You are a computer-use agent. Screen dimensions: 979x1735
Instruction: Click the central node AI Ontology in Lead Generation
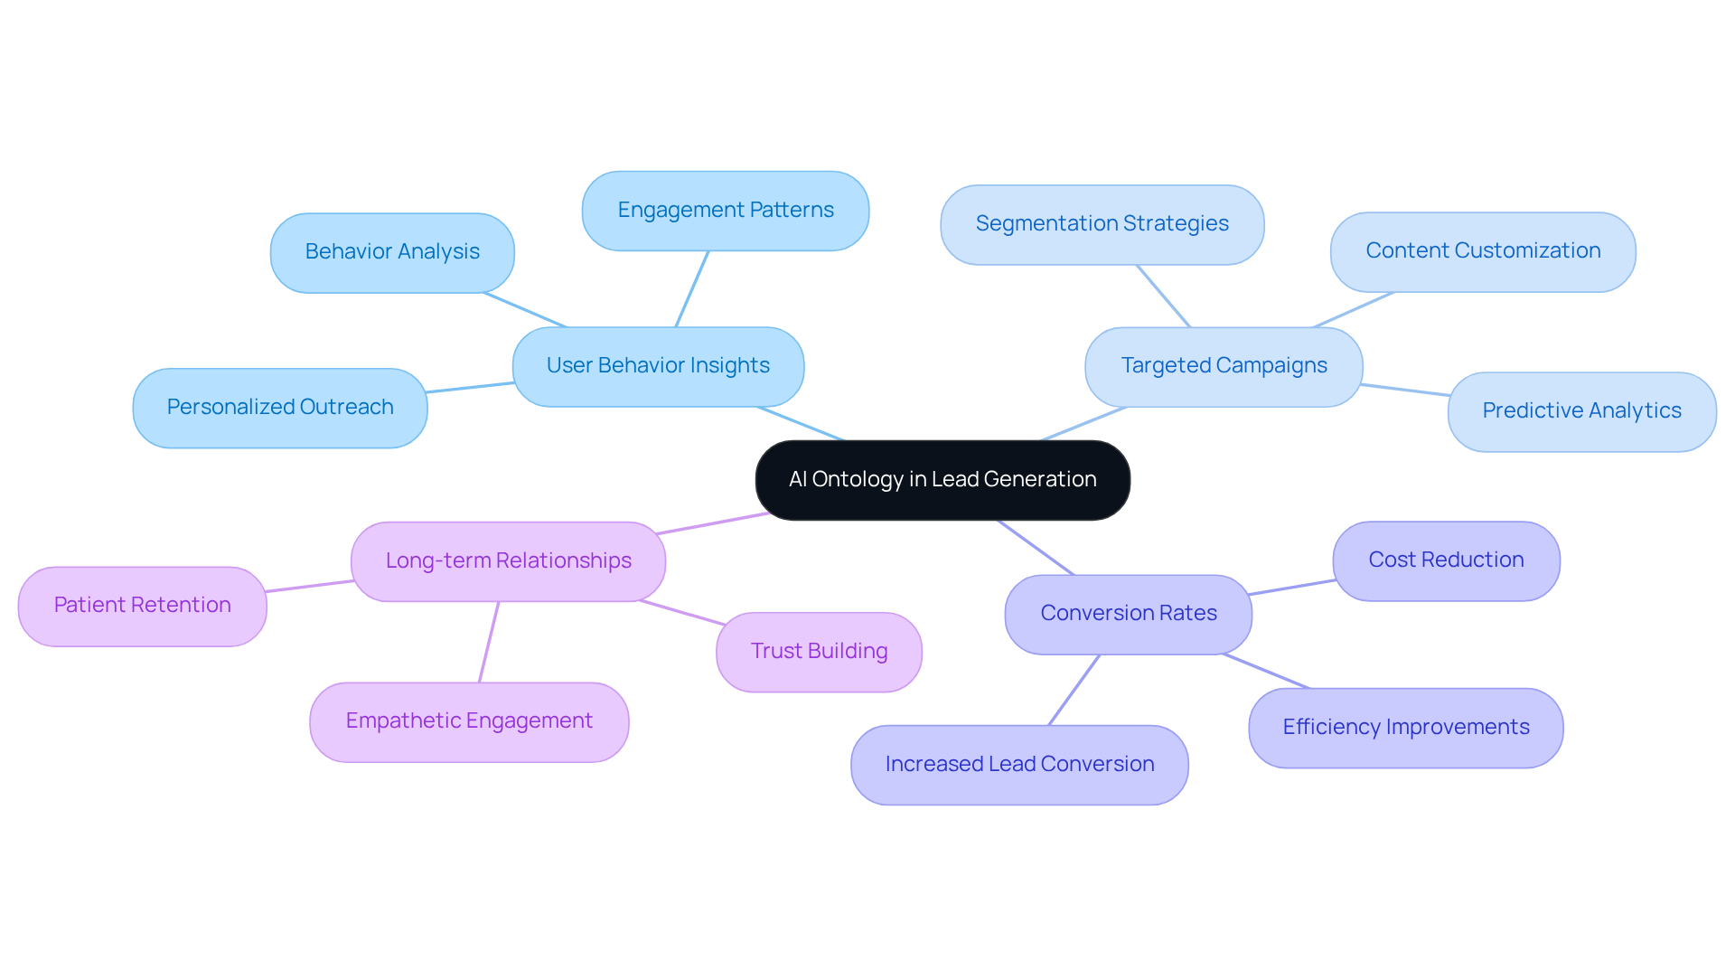coord(942,480)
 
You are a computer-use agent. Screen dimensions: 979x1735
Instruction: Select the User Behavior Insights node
coord(658,366)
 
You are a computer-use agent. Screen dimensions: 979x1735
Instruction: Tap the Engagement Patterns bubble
coord(725,211)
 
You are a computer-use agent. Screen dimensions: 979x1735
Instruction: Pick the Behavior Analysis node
coord(392,252)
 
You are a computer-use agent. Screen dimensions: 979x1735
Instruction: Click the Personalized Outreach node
coord(280,408)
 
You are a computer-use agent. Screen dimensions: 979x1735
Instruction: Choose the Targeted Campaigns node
coord(1224,366)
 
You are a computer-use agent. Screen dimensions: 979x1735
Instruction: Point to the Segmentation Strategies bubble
coord(1102,224)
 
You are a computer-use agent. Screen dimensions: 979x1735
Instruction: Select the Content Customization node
coord(1482,251)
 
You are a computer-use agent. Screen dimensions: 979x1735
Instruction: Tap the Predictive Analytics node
coord(1581,411)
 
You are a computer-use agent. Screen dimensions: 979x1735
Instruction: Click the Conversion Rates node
coord(1128,614)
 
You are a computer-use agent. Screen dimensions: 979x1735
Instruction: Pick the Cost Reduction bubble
coord(1446,560)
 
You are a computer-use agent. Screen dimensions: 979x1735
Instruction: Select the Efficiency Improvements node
coord(1405,728)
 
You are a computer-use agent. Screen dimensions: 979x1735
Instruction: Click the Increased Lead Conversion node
coord(1019,765)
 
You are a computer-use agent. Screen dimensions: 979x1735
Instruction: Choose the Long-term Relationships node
coord(508,561)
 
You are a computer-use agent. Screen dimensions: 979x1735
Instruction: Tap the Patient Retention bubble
coord(142,606)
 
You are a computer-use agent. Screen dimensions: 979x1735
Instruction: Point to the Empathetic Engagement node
coord(469,721)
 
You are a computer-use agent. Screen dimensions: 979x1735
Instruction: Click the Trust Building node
coord(819,652)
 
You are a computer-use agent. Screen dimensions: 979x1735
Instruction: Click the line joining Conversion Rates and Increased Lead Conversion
coord(1074,690)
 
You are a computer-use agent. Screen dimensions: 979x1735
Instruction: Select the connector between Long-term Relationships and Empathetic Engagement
coord(489,642)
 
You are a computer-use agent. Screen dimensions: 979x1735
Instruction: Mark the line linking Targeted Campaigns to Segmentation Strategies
coord(1164,297)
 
